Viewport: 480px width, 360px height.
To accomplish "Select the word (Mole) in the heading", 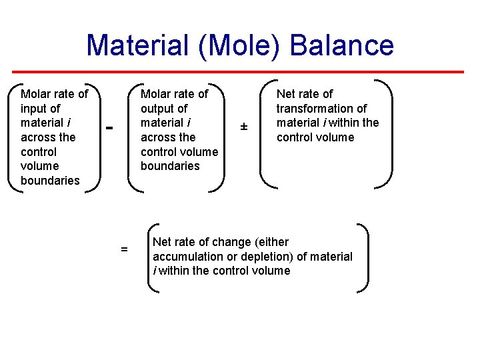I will (x=236, y=45).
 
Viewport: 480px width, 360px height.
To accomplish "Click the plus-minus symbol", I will (x=244, y=127).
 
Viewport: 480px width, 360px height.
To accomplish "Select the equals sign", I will (x=124, y=249).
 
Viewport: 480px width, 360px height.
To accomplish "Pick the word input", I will (x=35, y=108).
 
